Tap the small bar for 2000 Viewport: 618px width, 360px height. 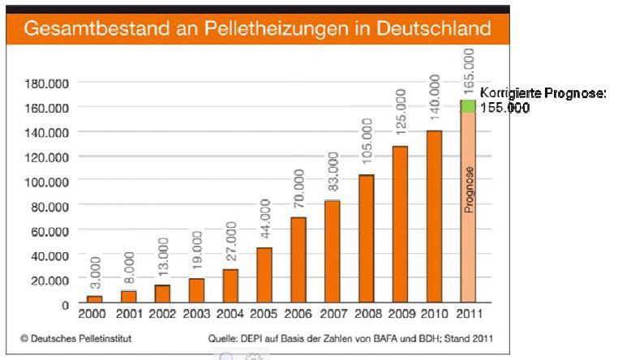[x=95, y=299]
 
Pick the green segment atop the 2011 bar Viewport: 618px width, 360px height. [x=468, y=106]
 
